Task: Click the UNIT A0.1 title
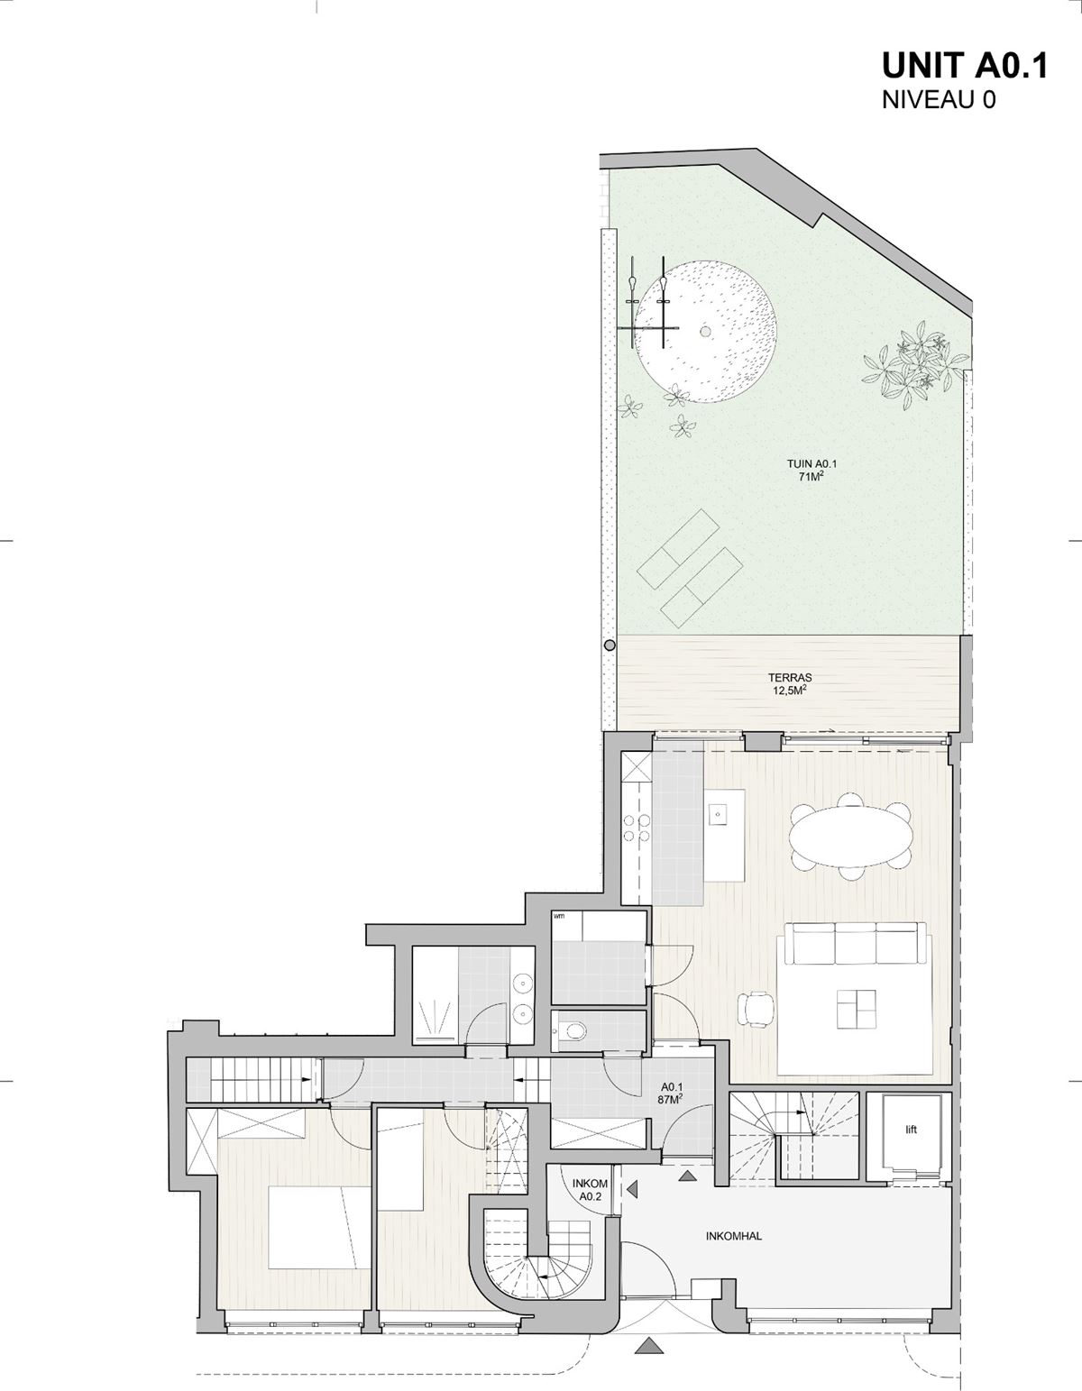pyautogui.click(x=964, y=65)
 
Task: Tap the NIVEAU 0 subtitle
pyautogui.click(x=940, y=100)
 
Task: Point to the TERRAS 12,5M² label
pyautogui.click(x=790, y=683)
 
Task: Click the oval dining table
pyautogui.click(x=850, y=836)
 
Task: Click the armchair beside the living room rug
pyautogui.click(x=756, y=1009)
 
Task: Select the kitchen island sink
pyautogui.click(x=719, y=815)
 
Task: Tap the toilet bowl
pyautogui.click(x=573, y=1030)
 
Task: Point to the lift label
pyautogui.click(x=912, y=1130)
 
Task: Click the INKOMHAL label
pyautogui.click(x=734, y=1236)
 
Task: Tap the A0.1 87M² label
pyautogui.click(x=673, y=1093)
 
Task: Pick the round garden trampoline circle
pyautogui.click(x=705, y=332)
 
